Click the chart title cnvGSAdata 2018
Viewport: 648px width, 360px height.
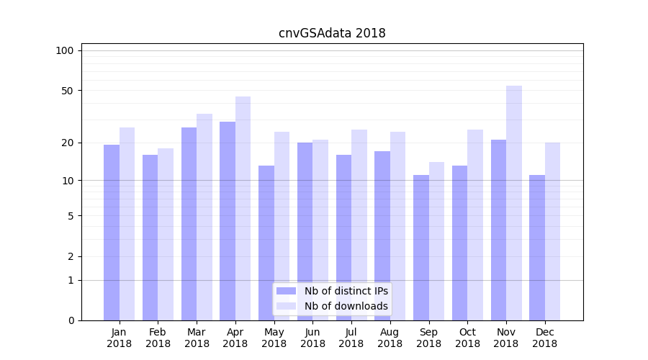(x=332, y=33)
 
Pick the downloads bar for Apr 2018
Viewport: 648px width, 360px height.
(x=243, y=209)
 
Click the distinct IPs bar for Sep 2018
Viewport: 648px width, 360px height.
(x=421, y=248)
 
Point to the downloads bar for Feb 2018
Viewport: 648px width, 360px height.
(x=166, y=234)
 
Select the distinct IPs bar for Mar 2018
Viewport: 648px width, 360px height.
(x=189, y=224)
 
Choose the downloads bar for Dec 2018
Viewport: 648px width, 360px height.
(x=552, y=231)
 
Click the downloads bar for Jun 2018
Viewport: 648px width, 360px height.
(x=320, y=230)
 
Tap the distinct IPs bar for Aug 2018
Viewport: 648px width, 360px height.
(x=382, y=235)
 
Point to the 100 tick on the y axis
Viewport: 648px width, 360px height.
(x=65, y=50)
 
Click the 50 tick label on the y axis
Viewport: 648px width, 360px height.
(x=68, y=91)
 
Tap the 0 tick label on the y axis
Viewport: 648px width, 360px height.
(x=71, y=320)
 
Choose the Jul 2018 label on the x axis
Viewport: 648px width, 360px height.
(x=351, y=338)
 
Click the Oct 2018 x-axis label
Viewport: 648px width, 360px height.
(x=467, y=338)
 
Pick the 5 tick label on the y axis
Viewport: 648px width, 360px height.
(x=71, y=215)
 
